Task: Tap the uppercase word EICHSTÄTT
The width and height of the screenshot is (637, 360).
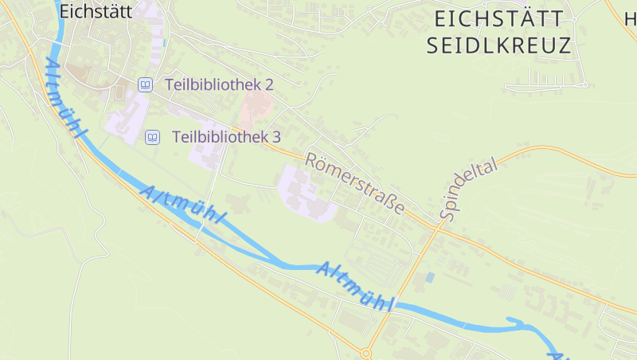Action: pos(500,18)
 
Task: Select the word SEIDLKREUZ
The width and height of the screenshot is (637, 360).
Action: pos(499,45)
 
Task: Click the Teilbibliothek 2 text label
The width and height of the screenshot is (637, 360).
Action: pos(219,84)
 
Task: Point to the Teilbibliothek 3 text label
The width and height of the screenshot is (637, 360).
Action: pos(226,137)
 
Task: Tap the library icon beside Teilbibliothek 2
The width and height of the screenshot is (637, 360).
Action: pos(145,84)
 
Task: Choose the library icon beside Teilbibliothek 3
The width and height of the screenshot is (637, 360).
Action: pos(152,137)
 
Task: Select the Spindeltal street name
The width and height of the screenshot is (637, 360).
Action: pos(467,188)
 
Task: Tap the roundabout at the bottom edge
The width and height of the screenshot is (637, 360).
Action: pos(366,353)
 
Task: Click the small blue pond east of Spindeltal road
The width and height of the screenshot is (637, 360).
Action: pos(430,277)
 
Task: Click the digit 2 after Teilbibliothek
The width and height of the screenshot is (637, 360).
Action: pos(269,84)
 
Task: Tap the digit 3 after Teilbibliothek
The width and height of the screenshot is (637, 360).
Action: pos(276,137)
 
